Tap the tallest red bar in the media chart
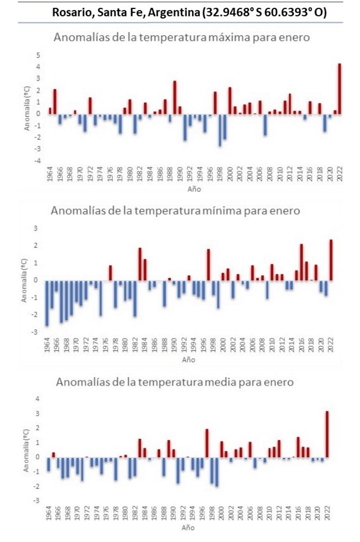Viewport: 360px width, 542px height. click(x=327, y=433)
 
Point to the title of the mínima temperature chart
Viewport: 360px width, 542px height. click(x=175, y=211)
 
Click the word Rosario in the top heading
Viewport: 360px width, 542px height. click(x=70, y=13)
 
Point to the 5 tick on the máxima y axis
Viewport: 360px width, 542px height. click(x=37, y=55)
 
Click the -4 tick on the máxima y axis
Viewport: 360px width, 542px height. click(x=36, y=161)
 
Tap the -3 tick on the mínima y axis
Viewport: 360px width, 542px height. click(x=35, y=332)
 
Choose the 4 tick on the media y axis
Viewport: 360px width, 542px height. click(x=37, y=398)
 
